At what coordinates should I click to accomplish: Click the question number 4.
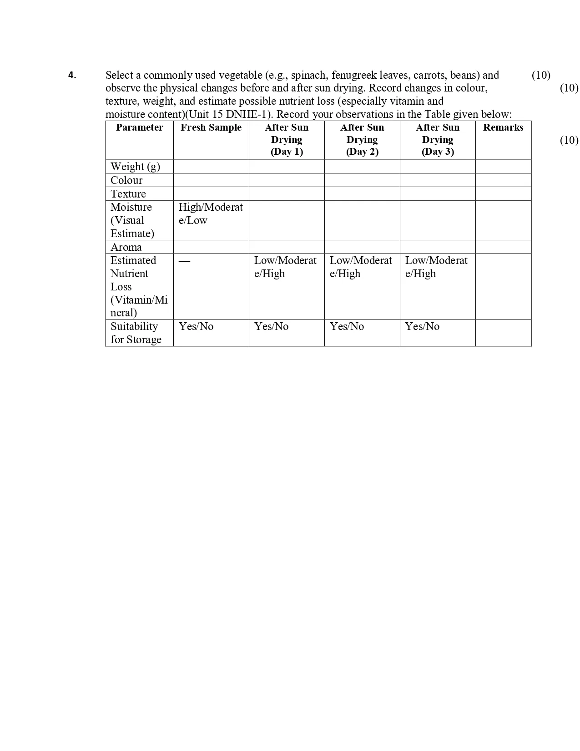click(72, 76)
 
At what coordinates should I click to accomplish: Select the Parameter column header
click(139, 127)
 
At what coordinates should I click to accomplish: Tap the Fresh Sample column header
click(211, 127)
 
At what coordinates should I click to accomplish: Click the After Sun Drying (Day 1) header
click(287, 140)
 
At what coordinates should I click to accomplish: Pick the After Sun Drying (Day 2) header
click(362, 140)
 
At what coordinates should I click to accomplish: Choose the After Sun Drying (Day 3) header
click(438, 140)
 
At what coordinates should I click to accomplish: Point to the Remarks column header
click(503, 127)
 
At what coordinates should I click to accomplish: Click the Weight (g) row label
click(135, 167)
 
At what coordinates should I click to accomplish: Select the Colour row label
click(126, 180)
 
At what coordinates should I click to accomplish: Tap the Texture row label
click(128, 194)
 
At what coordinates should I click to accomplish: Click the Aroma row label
click(126, 247)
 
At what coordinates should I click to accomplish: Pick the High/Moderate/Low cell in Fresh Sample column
click(211, 214)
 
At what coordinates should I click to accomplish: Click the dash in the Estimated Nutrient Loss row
click(184, 261)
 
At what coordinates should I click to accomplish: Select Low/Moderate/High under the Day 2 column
click(361, 267)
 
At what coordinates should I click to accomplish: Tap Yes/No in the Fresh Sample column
click(196, 326)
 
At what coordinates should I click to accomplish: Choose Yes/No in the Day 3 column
click(422, 326)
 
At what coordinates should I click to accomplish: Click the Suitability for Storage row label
click(136, 333)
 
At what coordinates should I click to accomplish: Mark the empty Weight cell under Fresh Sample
click(211, 167)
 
